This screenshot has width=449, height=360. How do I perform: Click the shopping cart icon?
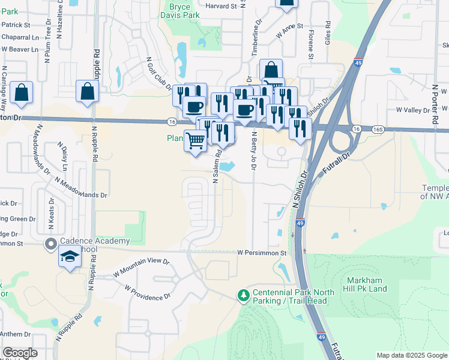pos(195,140)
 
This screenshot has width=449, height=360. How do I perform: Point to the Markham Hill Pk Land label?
pos(367,284)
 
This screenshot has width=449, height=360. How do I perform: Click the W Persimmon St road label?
pos(262,253)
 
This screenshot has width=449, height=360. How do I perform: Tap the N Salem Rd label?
pos(215,167)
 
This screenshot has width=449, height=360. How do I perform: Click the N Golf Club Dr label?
pos(160,74)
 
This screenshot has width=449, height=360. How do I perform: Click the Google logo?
pos(20,353)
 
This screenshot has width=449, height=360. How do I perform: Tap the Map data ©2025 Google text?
pos(412,355)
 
